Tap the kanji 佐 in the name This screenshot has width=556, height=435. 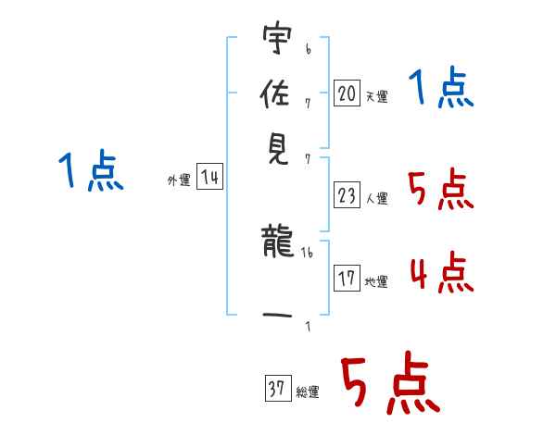(x=278, y=93)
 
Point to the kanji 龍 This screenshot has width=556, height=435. (x=278, y=244)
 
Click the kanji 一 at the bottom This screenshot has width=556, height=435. (x=278, y=316)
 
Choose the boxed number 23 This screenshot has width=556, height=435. (x=347, y=195)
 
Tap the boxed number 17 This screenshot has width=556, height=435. (x=347, y=278)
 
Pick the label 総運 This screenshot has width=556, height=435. (x=308, y=392)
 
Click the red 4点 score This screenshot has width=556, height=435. (x=441, y=272)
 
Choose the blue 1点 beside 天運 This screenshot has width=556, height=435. (x=441, y=90)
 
